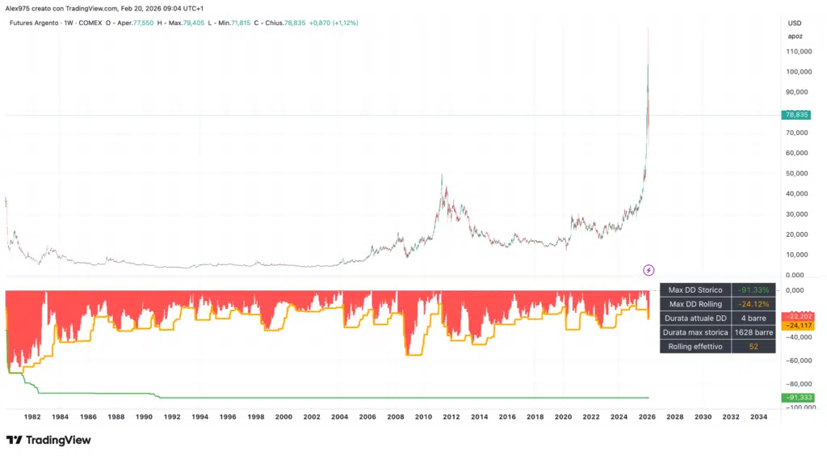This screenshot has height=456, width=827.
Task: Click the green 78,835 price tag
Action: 797,115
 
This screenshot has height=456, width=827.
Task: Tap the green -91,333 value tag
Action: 797,397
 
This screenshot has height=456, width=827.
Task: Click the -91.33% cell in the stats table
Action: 753,289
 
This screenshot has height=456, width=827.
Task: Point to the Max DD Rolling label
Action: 695,304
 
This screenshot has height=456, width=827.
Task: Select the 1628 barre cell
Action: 753,332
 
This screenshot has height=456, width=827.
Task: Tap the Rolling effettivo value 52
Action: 753,347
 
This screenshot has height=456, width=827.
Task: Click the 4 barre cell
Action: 753,318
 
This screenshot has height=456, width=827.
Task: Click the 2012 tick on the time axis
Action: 451,417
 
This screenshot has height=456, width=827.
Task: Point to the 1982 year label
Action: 32,417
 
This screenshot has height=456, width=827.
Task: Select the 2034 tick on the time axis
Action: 758,417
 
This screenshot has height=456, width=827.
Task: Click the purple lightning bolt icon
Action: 649,269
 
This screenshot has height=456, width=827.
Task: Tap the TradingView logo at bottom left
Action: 48,441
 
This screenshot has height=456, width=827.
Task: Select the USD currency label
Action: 795,23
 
